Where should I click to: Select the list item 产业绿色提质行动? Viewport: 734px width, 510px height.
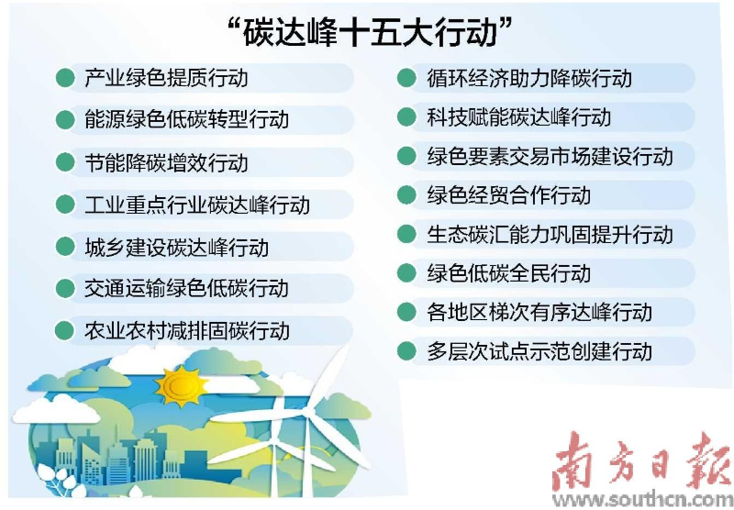click(166, 78)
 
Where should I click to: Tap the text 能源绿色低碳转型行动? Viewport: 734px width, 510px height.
click(186, 120)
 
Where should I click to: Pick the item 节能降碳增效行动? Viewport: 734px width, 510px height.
click(166, 162)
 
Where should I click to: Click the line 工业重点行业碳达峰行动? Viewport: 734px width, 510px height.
click(197, 205)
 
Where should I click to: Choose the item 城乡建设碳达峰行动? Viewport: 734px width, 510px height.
click(176, 247)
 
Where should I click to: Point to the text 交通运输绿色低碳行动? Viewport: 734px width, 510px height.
click(186, 289)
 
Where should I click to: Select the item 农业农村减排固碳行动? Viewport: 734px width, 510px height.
click(187, 330)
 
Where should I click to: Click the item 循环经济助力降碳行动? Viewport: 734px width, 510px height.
click(529, 78)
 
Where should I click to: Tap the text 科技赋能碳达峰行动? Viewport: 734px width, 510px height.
click(518, 117)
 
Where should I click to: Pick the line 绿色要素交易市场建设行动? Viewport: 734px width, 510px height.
click(550, 156)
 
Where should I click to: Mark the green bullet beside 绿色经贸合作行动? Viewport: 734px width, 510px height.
click(406, 194)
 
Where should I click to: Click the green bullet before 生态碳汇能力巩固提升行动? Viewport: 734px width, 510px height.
click(406, 234)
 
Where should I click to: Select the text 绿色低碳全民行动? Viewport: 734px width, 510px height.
click(508, 272)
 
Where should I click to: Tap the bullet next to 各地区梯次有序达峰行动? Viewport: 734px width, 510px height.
click(406, 312)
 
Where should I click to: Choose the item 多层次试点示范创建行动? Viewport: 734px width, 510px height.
click(539, 351)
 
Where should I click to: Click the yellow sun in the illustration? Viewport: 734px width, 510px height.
click(181, 386)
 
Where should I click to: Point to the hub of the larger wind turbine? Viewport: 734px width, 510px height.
click(307, 411)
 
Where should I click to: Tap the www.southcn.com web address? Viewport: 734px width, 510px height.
click(641, 499)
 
